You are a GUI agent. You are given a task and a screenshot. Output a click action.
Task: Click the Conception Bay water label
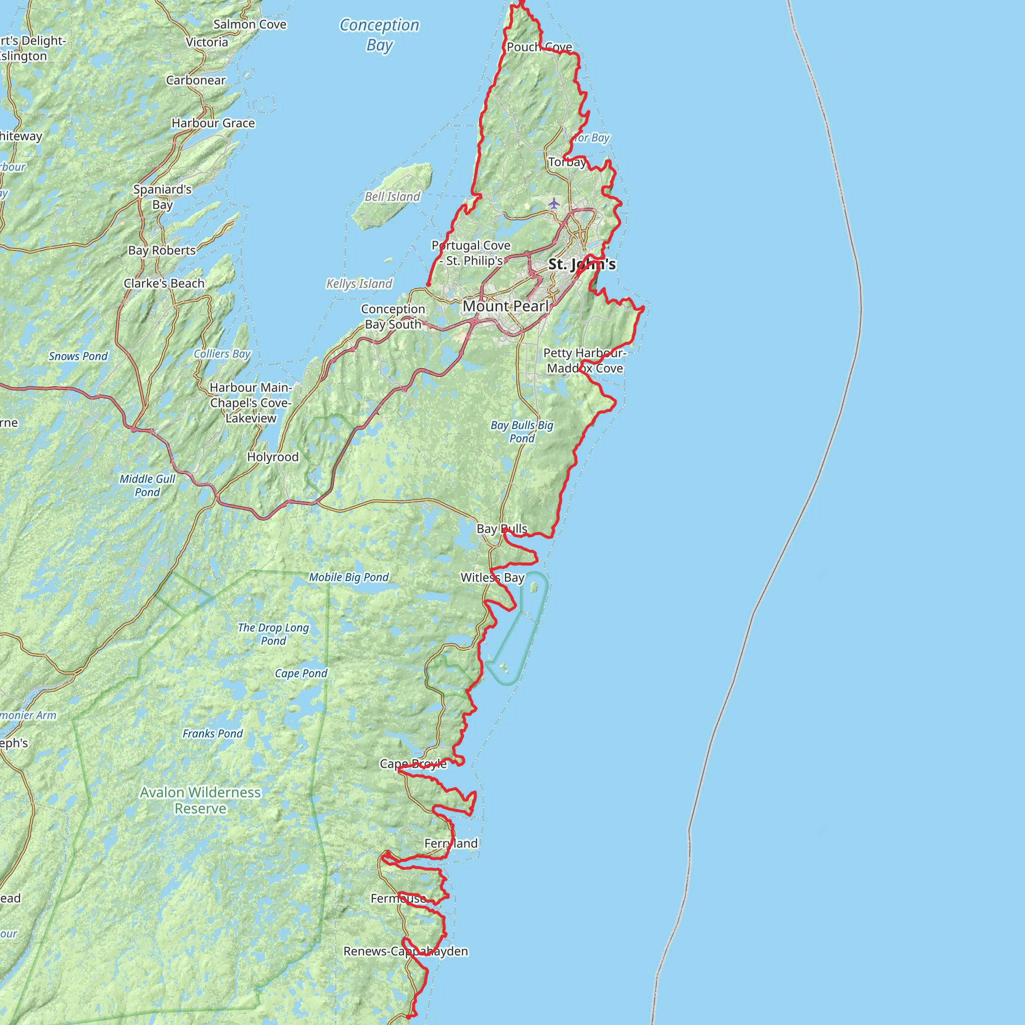[379, 35]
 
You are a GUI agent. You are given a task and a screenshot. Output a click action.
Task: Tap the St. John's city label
[582, 264]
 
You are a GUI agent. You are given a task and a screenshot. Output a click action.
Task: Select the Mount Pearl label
[505, 306]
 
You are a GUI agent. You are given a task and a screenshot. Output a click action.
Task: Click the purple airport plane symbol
[554, 203]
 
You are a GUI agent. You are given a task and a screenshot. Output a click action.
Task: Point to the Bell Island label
[392, 197]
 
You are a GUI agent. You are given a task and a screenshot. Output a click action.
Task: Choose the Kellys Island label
[359, 284]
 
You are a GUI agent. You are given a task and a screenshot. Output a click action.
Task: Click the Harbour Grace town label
[213, 123]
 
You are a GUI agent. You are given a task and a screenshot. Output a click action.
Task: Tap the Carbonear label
[196, 80]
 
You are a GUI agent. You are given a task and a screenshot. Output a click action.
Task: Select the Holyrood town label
[273, 457]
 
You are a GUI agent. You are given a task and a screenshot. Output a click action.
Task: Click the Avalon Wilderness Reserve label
[201, 800]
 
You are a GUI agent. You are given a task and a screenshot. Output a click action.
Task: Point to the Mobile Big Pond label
[349, 577]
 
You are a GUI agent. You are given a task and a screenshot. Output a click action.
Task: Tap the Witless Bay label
[492, 578]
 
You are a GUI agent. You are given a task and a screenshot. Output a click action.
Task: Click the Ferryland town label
[451, 843]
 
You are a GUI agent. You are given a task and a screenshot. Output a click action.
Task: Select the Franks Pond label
[213, 734]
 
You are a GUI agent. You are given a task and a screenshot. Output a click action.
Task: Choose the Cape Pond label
[301, 673]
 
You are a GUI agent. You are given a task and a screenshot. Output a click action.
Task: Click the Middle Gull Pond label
[148, 485]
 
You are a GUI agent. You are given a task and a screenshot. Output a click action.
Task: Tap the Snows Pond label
[78, 356]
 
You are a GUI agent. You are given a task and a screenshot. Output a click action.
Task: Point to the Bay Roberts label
[162, 250]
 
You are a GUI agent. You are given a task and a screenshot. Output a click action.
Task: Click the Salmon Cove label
[249, 25]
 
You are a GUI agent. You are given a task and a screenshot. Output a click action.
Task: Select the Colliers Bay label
[222, 354]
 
